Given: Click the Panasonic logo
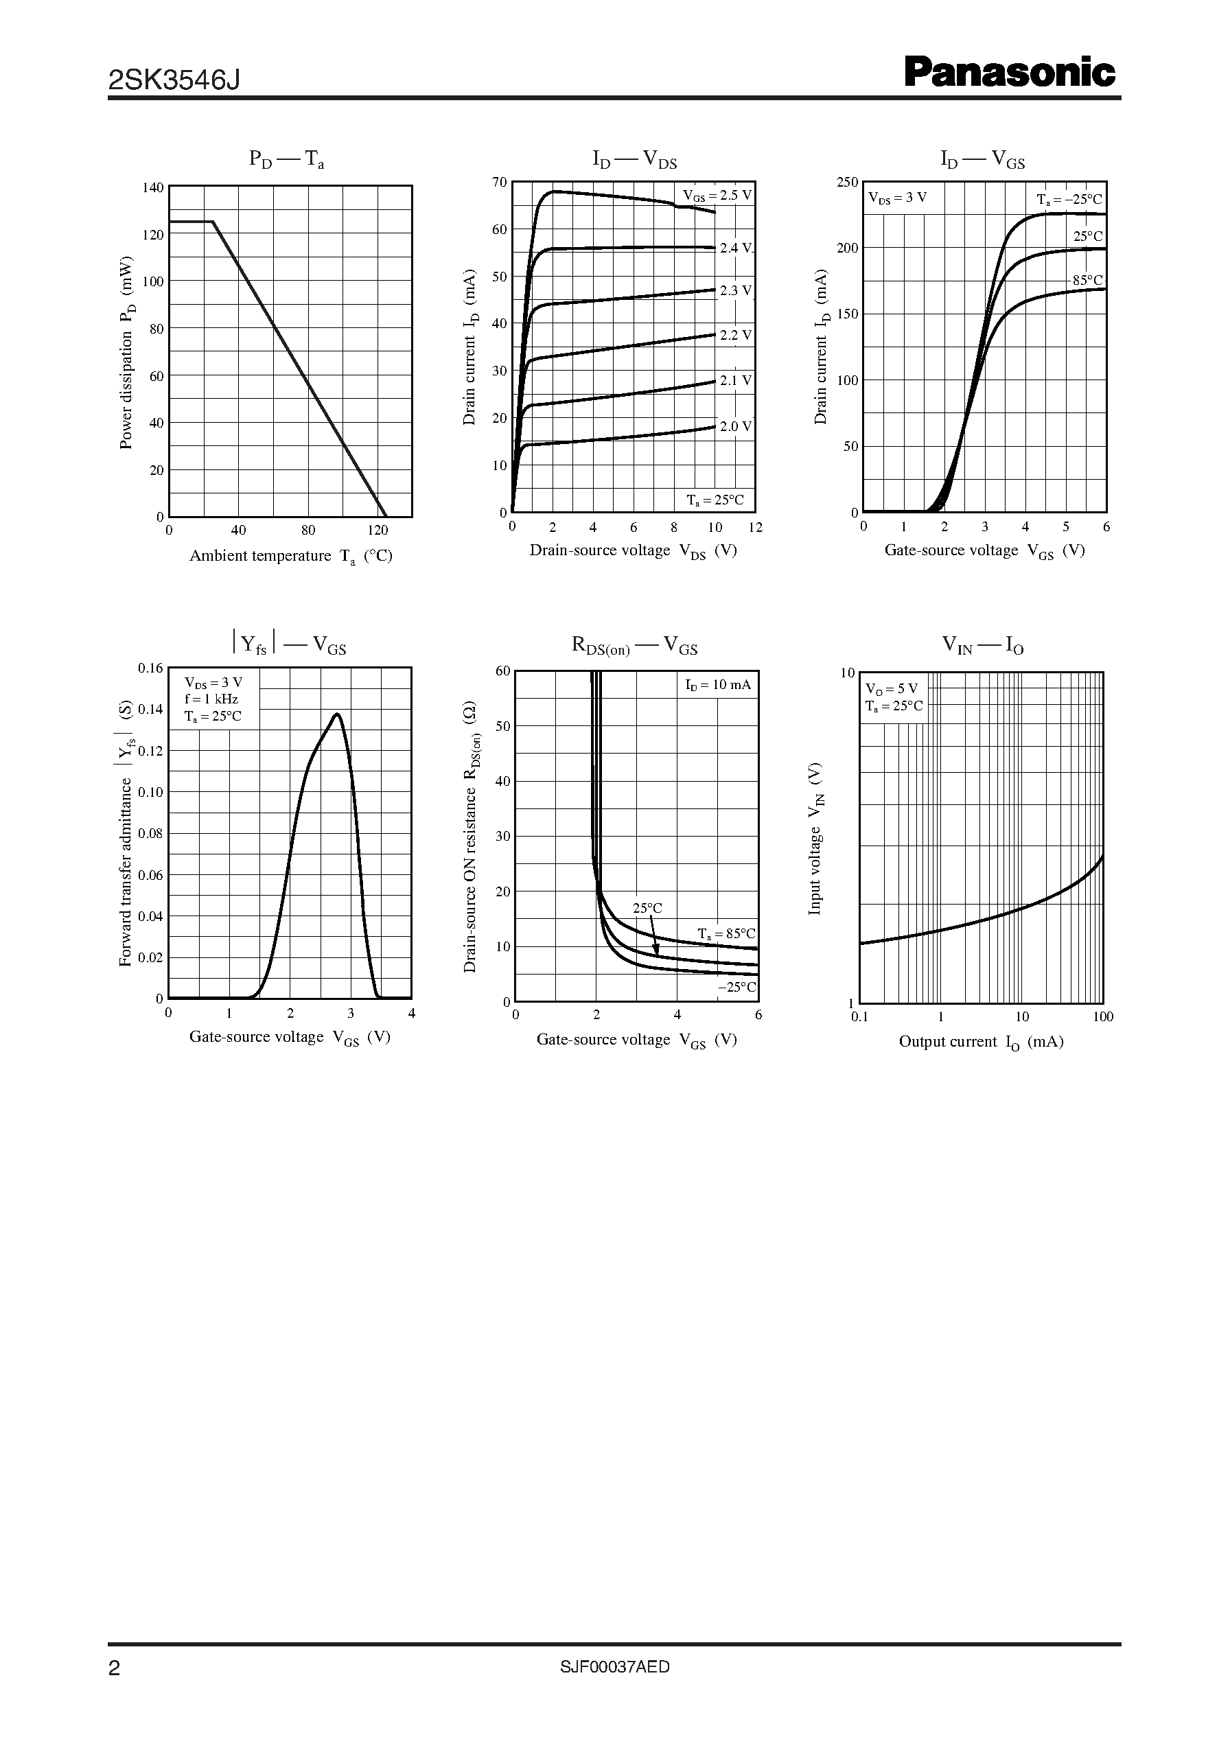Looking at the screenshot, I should pos(1010,73).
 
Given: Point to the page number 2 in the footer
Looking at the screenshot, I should pos(115,1690).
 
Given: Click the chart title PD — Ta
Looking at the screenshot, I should pos(287,160).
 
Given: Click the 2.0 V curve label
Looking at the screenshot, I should pos(735,426).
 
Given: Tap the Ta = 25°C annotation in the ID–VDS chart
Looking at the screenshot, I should pos(715,500).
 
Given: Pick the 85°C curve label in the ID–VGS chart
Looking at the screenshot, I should pos(1087,280).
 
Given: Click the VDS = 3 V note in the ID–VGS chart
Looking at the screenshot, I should pos(898,198).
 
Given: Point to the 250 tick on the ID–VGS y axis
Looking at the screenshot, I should pos(848,183).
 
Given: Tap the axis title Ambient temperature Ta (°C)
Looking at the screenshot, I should pos(291,557).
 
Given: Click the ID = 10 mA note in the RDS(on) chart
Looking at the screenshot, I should pos(718,685).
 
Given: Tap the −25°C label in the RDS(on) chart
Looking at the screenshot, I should pos(737,988).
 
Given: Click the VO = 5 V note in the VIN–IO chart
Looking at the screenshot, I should pos(892,689).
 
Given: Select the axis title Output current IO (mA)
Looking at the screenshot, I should pos(981,1042).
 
